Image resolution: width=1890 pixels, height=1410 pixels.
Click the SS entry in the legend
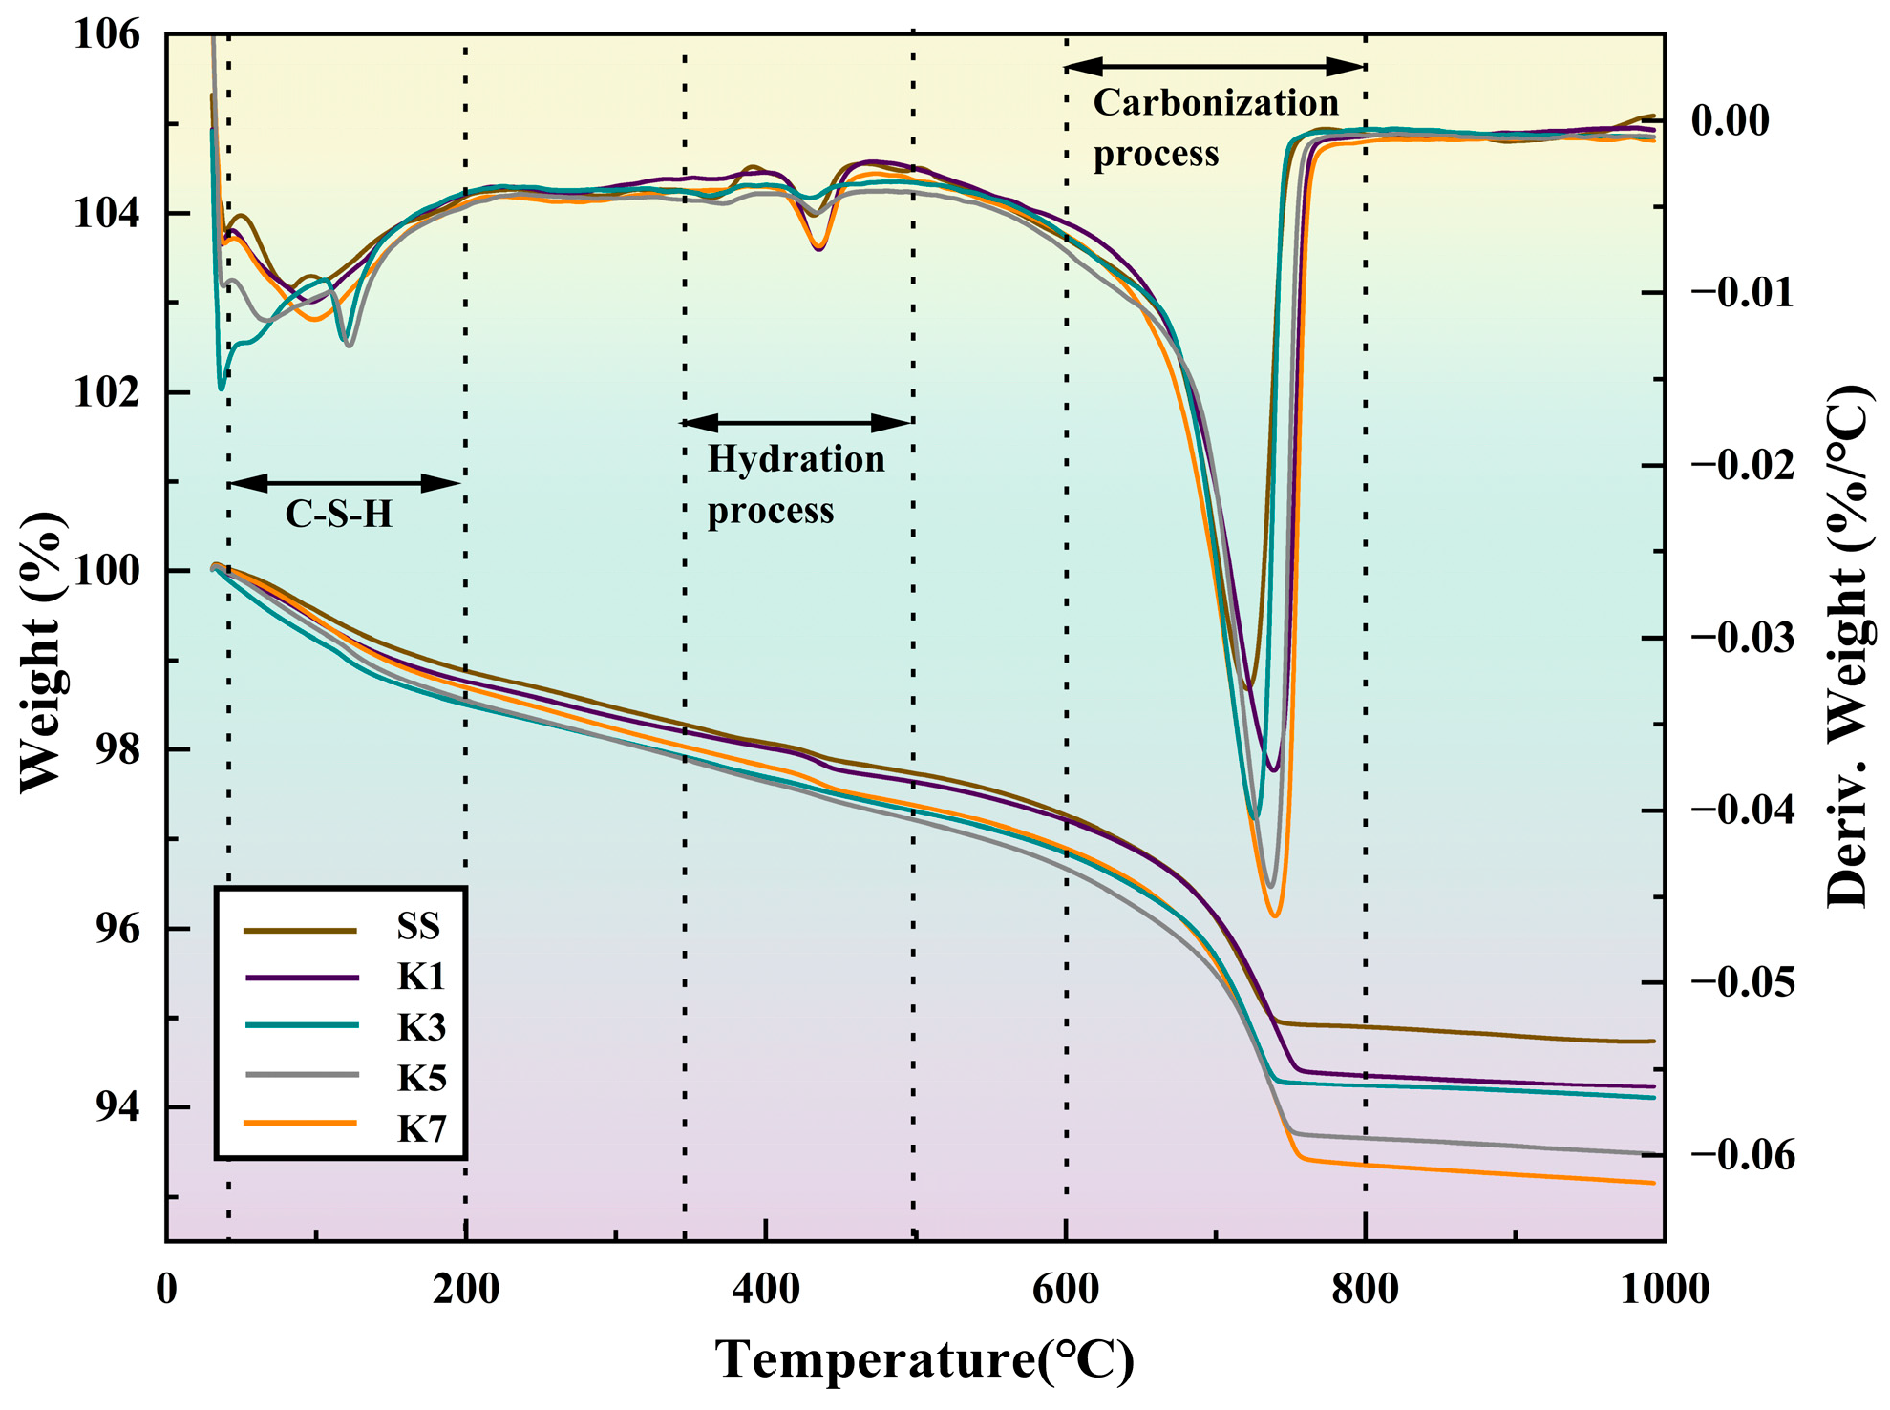418,927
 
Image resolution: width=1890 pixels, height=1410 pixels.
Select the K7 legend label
421,1130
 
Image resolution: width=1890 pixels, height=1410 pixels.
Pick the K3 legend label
421,1028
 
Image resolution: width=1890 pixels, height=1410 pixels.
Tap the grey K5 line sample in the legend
302,1076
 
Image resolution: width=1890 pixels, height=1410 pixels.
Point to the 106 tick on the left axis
106,35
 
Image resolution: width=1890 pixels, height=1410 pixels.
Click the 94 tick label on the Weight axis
117,1107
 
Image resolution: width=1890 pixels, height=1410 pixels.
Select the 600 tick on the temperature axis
1066,1290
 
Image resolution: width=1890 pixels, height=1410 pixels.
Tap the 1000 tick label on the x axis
1664,1290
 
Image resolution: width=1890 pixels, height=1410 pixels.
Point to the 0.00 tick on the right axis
1730,121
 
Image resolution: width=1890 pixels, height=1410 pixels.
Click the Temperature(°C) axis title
924,1359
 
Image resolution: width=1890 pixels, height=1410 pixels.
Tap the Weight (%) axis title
43,651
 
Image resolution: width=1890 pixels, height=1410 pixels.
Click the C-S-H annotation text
339,516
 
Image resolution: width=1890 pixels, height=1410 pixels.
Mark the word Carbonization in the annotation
1215,103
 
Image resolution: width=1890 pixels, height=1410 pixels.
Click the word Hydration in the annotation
796,460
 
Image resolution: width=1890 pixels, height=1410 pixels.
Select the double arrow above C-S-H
346,483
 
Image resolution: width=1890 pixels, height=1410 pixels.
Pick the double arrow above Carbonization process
1214,67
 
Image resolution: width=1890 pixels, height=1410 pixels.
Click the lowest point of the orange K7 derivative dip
1275,915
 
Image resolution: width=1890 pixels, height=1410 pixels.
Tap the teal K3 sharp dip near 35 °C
222,389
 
